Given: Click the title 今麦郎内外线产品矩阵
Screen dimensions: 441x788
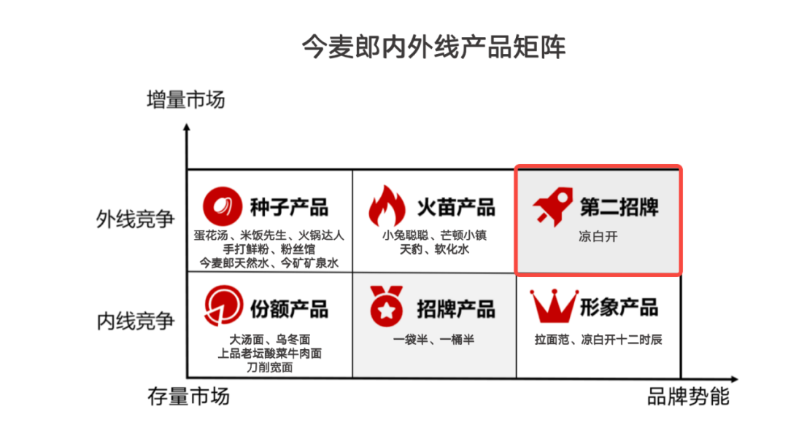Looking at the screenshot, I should [433, 47].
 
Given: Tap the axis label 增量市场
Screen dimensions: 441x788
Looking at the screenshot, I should [186, 99].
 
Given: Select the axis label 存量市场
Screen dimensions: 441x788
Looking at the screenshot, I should [188, 396].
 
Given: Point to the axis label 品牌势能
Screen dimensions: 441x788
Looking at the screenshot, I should [688, 396].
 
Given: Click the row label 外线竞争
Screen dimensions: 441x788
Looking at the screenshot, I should [136, 219].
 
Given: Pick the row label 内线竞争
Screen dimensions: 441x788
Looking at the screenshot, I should [136, 321].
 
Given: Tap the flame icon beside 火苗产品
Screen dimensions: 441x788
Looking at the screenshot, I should [387, 206].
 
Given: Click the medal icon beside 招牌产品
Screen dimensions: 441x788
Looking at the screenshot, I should [387, 308].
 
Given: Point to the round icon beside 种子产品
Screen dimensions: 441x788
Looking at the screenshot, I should [222, 207].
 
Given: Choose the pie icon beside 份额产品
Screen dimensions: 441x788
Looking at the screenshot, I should [223, 307].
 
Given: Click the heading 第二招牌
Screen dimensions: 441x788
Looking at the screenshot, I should [619, 207].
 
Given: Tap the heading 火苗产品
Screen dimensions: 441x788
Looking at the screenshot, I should [455, 207].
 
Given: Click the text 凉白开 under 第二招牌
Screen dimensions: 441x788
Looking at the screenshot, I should [598, 237].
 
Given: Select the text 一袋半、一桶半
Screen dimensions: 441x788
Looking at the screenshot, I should [433, 340].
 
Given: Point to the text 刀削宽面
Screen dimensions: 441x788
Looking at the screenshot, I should [269, 367].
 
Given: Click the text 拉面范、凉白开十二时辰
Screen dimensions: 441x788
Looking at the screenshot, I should [598, 340].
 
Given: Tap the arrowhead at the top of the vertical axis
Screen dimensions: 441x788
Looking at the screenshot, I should [187, 128].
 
